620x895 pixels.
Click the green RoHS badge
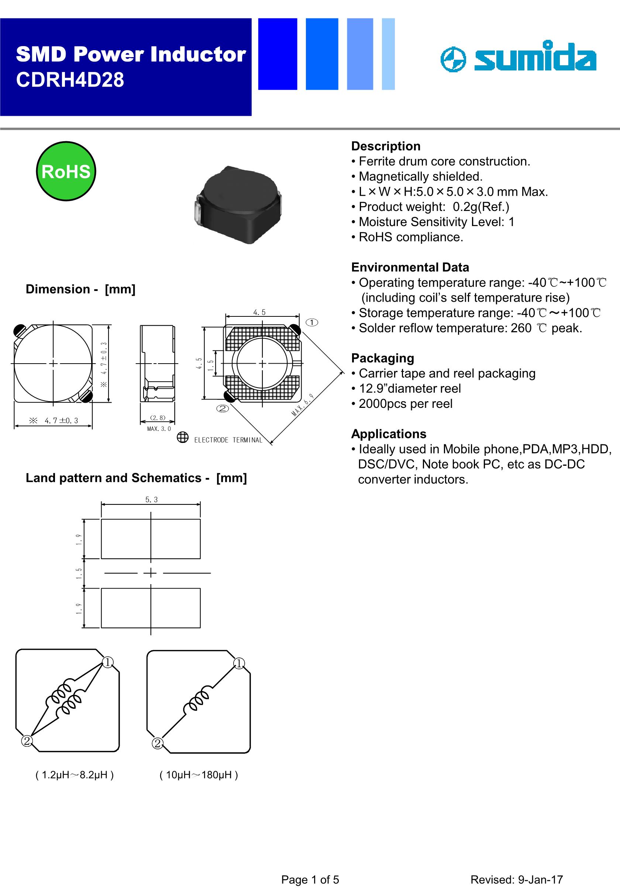tap(66, 171)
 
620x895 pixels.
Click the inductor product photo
tap(237, 204)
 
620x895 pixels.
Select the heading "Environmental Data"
tap(410, 267)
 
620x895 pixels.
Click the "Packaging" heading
tap(382, 358)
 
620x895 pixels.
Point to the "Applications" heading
tap(389, 434)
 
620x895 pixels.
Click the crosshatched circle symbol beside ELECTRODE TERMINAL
tap(182, 437)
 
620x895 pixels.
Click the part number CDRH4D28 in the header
tap(70, 80)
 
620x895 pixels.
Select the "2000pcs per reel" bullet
tap(405, 404)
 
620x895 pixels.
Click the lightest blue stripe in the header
tap(388, 54)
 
